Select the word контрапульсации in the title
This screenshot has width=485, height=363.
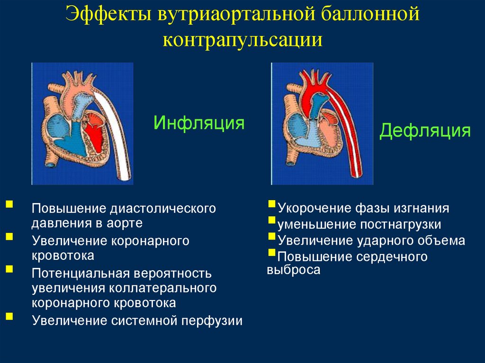242,40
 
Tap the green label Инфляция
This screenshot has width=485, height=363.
199,124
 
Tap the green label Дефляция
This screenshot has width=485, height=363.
425,131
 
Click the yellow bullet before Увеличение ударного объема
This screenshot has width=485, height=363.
271,236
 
